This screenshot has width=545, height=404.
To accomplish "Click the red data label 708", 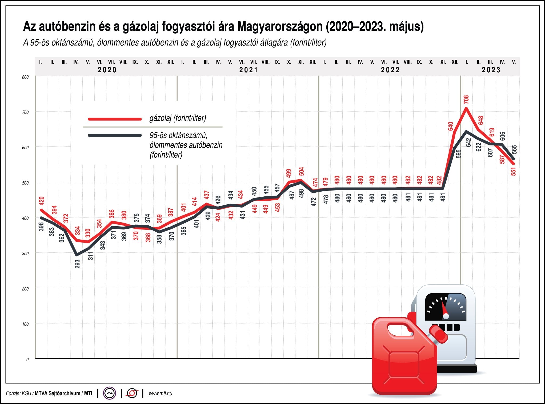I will click(466, 100).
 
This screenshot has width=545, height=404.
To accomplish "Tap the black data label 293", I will click(77, 264).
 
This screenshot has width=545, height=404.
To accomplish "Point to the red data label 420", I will click(42, 200).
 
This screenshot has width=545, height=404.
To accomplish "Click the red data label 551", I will click(513, 171).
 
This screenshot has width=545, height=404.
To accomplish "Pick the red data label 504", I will click(301, 171).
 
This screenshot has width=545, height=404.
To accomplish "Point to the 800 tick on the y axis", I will click(25, 77).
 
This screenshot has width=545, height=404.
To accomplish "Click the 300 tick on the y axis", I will click(25, 254).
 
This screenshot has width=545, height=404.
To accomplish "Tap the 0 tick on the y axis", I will click(27, 359).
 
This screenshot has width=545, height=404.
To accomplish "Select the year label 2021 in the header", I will click(249, 70).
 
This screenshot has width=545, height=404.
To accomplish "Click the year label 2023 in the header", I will click(491, 70).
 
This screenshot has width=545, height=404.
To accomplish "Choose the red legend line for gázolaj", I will click(115, 119).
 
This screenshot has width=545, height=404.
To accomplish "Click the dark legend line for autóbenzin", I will click(115, 135).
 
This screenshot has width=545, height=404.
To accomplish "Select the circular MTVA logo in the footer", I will click(109, 393).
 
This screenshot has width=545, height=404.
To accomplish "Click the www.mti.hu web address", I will click(160, 393).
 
